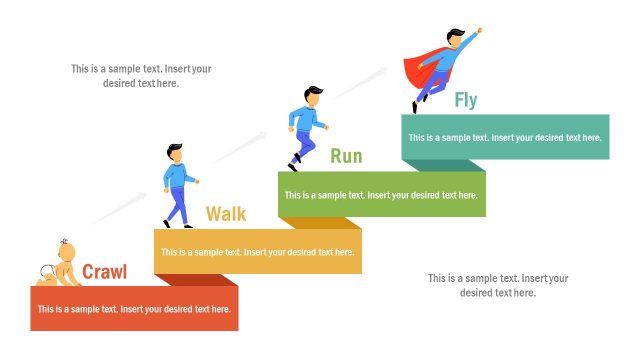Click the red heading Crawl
tap(104, 271)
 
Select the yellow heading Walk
tap(226, 214)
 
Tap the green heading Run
tap(346, 156)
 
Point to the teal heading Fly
tap(466, 100)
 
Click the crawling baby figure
tap(62, 265)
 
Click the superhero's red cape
tap(418, 70)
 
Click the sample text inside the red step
tap(135, 309)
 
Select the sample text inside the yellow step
tap(258, 252)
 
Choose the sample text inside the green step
tap(381, 195)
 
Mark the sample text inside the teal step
tap(505, 138)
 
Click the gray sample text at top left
tap(141, 76)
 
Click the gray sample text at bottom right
tap(498, 285)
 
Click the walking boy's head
tap(175, 152)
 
